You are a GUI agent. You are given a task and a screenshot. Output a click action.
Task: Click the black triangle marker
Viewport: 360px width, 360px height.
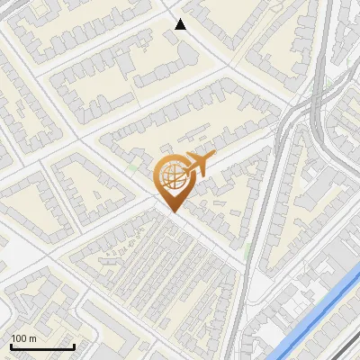[180, 24]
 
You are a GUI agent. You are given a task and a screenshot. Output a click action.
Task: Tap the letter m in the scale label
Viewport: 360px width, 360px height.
[32, 338]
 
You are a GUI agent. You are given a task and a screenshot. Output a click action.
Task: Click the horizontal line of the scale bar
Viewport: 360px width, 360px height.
[42, 347]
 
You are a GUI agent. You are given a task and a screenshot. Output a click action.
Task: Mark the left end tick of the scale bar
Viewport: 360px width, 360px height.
[11, 346]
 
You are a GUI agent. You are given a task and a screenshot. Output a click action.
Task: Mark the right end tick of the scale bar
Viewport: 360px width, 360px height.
[74, 346]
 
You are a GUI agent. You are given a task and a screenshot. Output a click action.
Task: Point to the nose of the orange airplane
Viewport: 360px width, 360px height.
[213, 158]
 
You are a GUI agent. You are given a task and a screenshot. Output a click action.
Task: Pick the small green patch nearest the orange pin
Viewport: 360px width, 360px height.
[135, 167]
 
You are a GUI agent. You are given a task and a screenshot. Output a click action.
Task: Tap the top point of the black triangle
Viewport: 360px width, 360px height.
[180, 19]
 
